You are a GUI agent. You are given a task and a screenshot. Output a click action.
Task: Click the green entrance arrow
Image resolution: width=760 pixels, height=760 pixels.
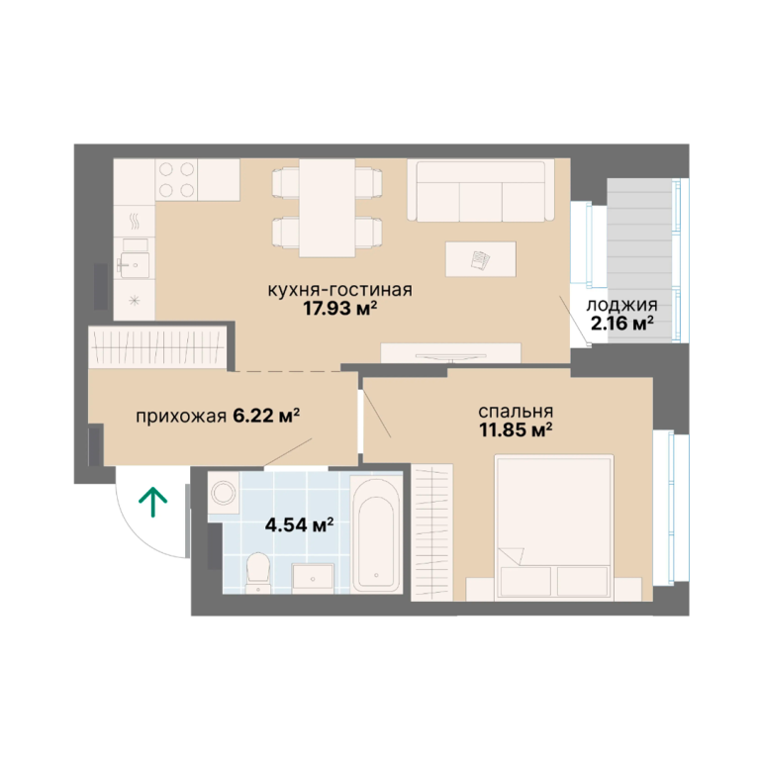click(x=153, y=502)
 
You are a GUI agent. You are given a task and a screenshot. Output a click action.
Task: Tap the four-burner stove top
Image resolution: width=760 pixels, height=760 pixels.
click(x=176, y=180)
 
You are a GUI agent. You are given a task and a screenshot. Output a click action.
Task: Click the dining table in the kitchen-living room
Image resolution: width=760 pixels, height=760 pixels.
click(x=327, y=208)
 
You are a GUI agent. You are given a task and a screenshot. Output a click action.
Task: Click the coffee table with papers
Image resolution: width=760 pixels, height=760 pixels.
click(x=481, y=259)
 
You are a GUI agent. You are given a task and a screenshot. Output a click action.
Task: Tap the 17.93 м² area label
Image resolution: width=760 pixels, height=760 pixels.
click(x=340, y=309)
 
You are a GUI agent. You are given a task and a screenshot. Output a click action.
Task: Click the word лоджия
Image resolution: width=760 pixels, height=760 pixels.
click(x=621, y=306)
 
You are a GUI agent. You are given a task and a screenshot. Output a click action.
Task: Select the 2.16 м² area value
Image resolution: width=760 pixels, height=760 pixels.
click(x=621, y=323)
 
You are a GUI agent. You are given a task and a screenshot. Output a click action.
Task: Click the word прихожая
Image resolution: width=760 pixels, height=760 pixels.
click(x=181, y=417)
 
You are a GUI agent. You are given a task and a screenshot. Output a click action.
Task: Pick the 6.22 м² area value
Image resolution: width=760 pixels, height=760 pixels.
click(x=266, y=416)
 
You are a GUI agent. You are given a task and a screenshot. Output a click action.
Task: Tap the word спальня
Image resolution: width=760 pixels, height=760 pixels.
click(x=516, y=412)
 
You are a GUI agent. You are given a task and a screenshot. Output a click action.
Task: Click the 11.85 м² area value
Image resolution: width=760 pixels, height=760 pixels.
click(x=517, y=429)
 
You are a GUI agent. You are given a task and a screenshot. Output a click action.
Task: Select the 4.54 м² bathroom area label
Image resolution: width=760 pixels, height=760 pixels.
click(x=300, y=524)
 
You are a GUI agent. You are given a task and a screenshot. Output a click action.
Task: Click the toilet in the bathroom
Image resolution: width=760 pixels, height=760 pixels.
click(x=258, y=573)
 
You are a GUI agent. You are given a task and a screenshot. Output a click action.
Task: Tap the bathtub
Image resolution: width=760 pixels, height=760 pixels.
click(x=376, y=533)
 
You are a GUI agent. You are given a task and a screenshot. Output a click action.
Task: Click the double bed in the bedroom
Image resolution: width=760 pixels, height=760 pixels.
click(x=554, y=527)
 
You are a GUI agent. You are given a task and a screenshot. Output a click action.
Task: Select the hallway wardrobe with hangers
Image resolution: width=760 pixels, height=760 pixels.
click(x=158, y=347)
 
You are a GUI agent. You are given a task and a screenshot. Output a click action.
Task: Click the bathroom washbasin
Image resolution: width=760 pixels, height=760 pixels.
click(x=313, y=578)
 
